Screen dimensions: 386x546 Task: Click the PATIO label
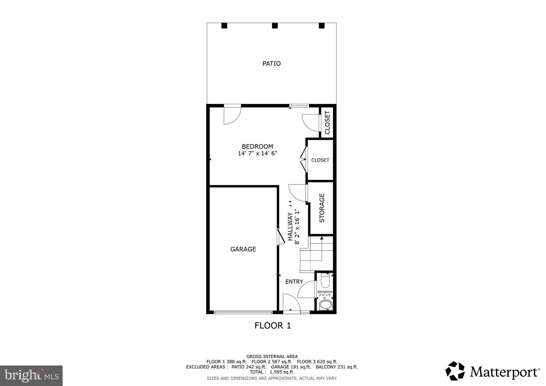[271, 64]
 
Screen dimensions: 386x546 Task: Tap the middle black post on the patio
[275, 26]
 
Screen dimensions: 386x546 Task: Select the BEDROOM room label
[257, 146]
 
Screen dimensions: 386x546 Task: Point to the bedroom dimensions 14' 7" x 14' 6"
[257, 154]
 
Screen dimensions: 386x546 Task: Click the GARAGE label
[243, 249]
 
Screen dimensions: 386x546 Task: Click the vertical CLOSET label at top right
[327, 122]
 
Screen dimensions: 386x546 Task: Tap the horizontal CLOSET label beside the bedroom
[320, 160]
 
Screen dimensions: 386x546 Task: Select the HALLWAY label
[290, 226]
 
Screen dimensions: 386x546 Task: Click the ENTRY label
[294, 282]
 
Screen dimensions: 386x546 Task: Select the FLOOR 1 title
[272, 326]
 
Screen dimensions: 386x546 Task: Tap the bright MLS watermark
[31, 376]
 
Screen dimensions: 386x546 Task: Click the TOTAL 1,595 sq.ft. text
[272, 372]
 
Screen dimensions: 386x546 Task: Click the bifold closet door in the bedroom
[303, 160]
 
